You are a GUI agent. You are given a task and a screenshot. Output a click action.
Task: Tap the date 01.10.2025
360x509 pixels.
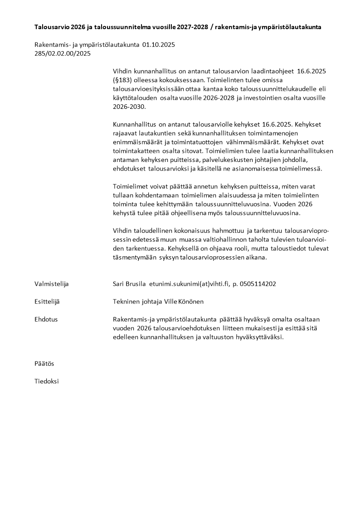click(x=159, y=45)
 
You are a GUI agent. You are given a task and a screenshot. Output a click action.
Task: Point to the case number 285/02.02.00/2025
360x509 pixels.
click(x=63, y=54)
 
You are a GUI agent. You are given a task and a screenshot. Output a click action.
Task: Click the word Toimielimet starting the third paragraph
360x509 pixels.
click(x=131, y=186)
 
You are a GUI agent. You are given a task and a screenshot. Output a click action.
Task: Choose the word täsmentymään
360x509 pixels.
click(x=134, y=257)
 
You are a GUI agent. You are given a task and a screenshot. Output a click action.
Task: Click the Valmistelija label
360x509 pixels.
click(x=51, y=284)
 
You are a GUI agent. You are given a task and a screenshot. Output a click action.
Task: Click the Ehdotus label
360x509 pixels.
click(x=46, y=319)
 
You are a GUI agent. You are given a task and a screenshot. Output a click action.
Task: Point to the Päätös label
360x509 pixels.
click(x=44, y=364)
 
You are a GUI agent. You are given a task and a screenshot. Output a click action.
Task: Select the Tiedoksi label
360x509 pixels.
click(x=47, y=382)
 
